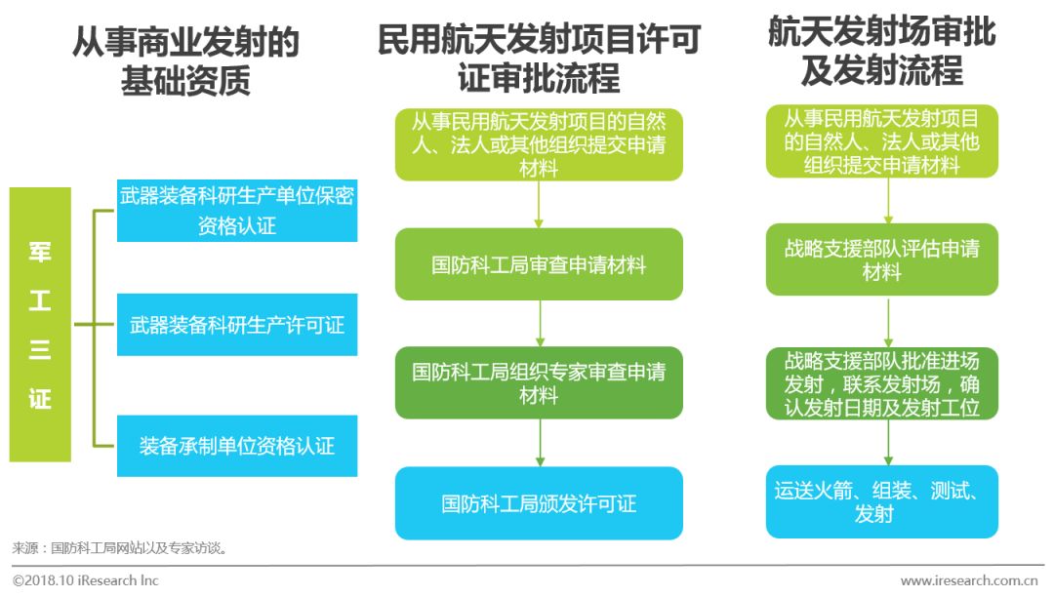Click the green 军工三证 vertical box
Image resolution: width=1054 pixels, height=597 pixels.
[x=40, y=324]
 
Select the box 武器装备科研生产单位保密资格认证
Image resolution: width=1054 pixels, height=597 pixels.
[x=237, y=211]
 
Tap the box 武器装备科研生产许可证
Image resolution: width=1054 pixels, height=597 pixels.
[x=237, y=325]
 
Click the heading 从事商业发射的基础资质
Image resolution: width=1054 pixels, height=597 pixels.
[x=185, y=61]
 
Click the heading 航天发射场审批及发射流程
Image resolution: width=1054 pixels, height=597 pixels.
[x=881, y=51]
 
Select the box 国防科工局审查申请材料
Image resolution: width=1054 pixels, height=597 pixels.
[x=539, y=264]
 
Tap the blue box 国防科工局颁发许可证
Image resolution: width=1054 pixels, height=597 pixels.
[x=539, y=503]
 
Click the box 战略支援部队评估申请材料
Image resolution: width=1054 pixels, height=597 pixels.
[x=881, y=259]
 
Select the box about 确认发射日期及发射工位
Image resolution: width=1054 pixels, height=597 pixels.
[x=881, y=382]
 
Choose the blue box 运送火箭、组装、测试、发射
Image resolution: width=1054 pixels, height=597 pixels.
[x=881, y=501]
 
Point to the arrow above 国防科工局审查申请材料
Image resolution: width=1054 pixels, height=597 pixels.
[x=539, y=204]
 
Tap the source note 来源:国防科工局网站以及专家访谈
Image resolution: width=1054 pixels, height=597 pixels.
[x=121, y=548]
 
